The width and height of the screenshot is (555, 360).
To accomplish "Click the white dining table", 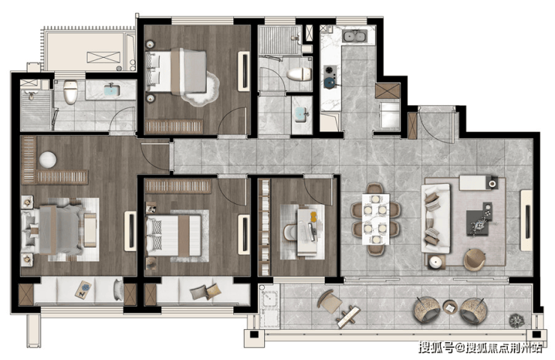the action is [376, 219].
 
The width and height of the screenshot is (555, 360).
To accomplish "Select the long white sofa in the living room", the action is [436, 218].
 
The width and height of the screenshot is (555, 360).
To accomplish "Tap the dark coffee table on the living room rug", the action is [479, 221].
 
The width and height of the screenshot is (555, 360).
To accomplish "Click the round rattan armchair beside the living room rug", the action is [474, 259].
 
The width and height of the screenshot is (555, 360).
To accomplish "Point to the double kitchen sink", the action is [355, 36].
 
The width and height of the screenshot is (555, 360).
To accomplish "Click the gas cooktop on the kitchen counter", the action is [330, 76].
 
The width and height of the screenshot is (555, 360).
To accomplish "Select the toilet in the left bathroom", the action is [70, 92].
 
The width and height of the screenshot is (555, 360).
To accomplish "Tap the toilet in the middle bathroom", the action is [299, 74].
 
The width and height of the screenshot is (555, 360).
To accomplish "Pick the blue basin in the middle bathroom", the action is [301, 114].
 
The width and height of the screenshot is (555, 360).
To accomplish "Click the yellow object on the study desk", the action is [313, 217].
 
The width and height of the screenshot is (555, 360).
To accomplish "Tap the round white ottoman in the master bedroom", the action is [47, 160].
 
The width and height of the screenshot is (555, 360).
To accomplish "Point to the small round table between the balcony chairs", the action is [450, 307].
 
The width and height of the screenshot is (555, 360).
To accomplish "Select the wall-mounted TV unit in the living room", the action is [526, 220].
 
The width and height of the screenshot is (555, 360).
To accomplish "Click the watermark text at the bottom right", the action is [480, 347].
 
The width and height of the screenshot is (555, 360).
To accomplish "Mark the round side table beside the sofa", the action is [436, 262].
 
